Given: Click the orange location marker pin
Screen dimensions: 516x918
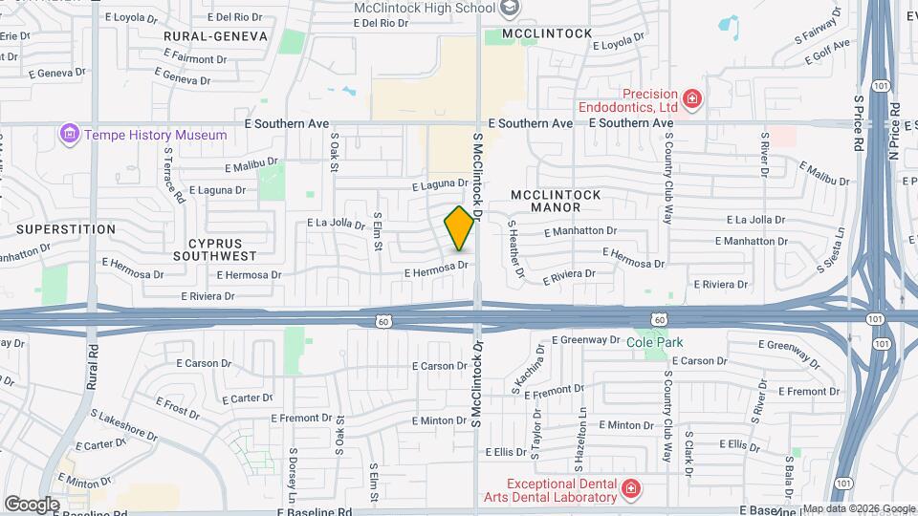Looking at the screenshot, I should (460, 228).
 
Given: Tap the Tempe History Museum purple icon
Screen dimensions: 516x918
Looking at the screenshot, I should (69, 135).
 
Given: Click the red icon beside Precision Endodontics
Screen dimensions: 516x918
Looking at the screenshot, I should (692, 97).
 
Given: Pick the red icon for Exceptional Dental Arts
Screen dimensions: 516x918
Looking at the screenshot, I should (630, 489).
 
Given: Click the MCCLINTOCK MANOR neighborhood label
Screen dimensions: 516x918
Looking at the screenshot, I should (556, 201).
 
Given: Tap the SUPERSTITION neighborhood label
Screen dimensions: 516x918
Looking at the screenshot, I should (66, 229).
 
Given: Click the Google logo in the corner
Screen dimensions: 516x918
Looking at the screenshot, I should (32, 504).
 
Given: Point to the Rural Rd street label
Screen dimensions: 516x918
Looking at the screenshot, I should (93, 366).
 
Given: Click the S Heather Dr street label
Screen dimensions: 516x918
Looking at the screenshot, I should (516, 250).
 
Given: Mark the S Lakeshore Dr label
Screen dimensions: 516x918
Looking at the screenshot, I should (123, 425).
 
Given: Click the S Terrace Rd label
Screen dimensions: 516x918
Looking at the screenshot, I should (173, 175).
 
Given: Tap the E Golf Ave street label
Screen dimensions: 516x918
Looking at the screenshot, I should (828, 51).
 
